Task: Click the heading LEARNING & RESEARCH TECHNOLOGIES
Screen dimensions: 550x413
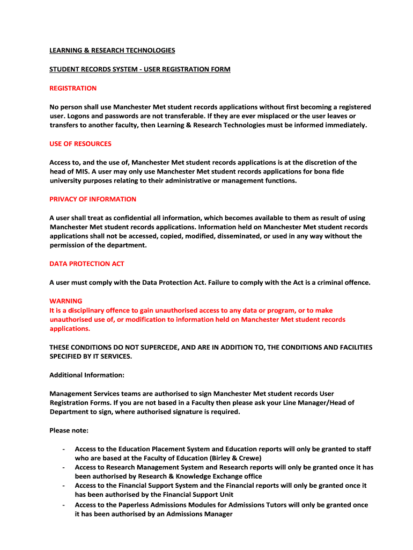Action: point(112,50)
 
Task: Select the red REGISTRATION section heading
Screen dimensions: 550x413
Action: point(73,88)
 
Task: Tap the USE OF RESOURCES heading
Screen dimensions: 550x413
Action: point(80,144)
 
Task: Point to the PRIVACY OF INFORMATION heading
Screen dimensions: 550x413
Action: point(93,199)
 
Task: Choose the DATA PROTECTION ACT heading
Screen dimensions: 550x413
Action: point(87,264)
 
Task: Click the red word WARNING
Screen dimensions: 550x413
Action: point(66,301)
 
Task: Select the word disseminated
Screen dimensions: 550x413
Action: point(233,236)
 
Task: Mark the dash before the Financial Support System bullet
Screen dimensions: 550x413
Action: point(64,486)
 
